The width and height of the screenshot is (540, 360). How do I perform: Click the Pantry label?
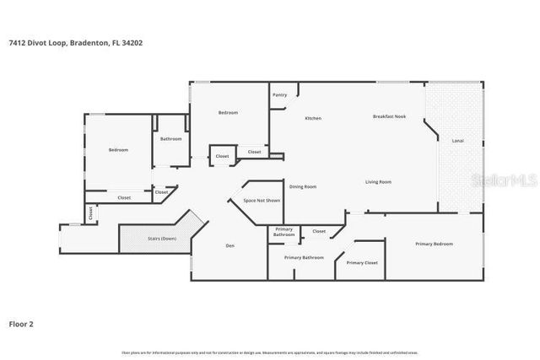pos(279,95)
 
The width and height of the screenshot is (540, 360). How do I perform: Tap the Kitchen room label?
pos(313,118)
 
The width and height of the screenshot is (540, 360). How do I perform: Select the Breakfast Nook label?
pos(389,116)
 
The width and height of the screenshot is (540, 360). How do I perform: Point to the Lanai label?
pos(458,140)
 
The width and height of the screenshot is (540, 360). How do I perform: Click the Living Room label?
pos(378,182)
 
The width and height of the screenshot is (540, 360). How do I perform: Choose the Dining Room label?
pos(303,186)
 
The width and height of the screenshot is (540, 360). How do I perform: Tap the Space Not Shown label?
pos(262,201)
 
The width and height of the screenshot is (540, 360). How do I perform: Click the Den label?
pos(229,245)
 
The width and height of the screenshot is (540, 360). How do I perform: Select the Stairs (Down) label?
pos(162,239)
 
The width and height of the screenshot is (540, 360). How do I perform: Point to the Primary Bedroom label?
pos(434,244)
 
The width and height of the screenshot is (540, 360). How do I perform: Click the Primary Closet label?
pos(362,263)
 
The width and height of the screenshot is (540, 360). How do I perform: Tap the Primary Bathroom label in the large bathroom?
pos(304,257)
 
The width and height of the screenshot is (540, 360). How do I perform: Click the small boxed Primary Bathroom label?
pos(284,233)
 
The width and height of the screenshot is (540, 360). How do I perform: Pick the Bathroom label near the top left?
pos(170,138)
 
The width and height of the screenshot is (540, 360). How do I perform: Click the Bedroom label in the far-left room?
pos(118,150)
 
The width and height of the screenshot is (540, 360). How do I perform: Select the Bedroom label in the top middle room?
pos(228,113)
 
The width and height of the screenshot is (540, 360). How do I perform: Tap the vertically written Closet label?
pos(91,213)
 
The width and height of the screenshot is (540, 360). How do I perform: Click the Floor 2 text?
pos(21,323)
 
